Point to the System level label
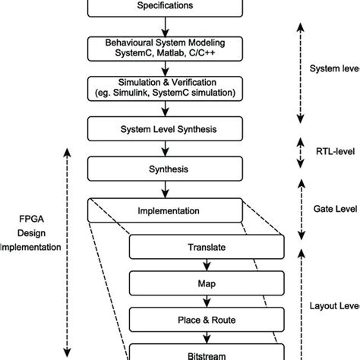[x=335, y=68]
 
